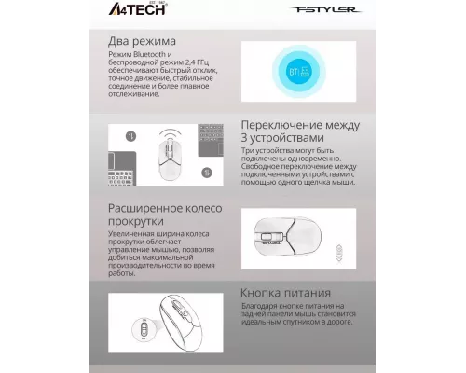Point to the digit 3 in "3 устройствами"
click(244, 140)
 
